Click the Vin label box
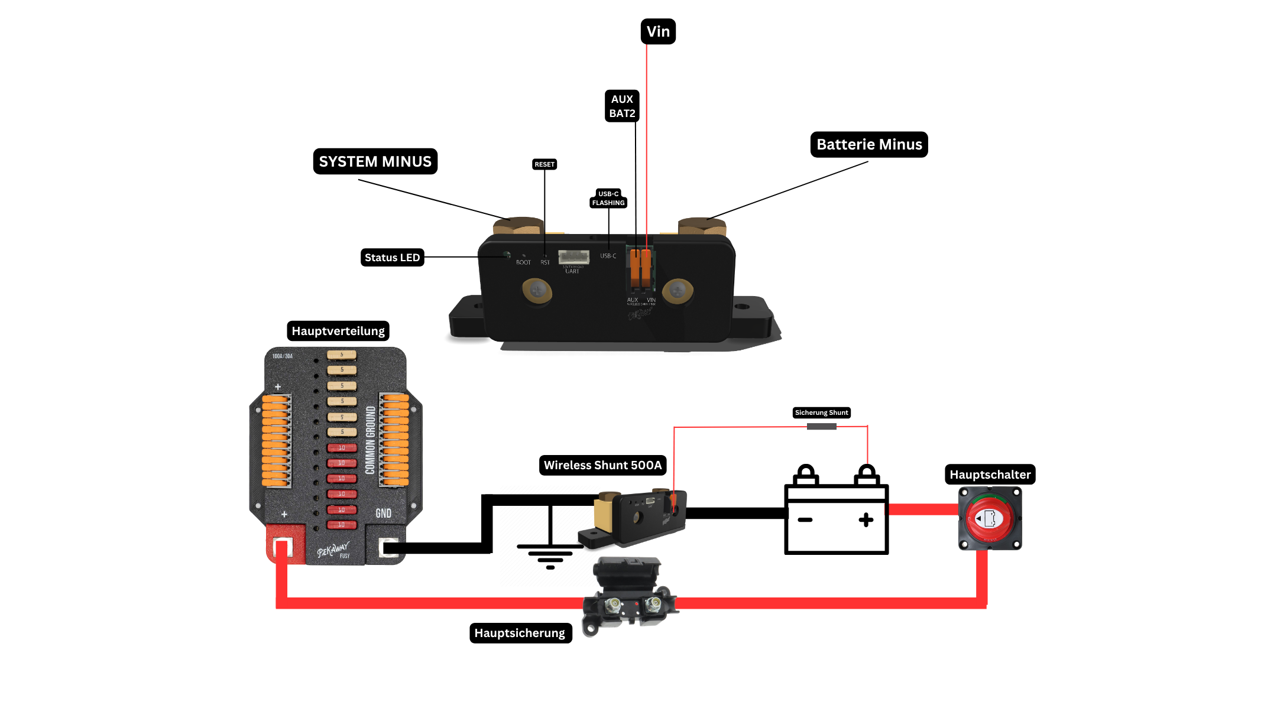(x=658, y=31)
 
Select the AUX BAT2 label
(x=622, y=106)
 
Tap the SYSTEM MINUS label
(x=375, y=161)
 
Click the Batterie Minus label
(x=868, y=145)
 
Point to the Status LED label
(x=392, y=258)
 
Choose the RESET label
(x=544, y=164)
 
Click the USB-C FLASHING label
(x=608, y=199)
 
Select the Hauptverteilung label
(x=338, y=331)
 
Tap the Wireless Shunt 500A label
(x=602, y=465)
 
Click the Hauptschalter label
(x=990, y=475)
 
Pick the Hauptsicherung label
(x=520, y=633)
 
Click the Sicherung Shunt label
(x=821, y=412)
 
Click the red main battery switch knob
(x=990, y=519)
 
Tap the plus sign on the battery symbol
(x=866, y=519)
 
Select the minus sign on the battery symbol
(x=805, y=520)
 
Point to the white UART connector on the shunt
(x=573, y=257)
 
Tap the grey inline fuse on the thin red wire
(x=821, y=427)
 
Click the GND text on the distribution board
(x=384, y=513)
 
